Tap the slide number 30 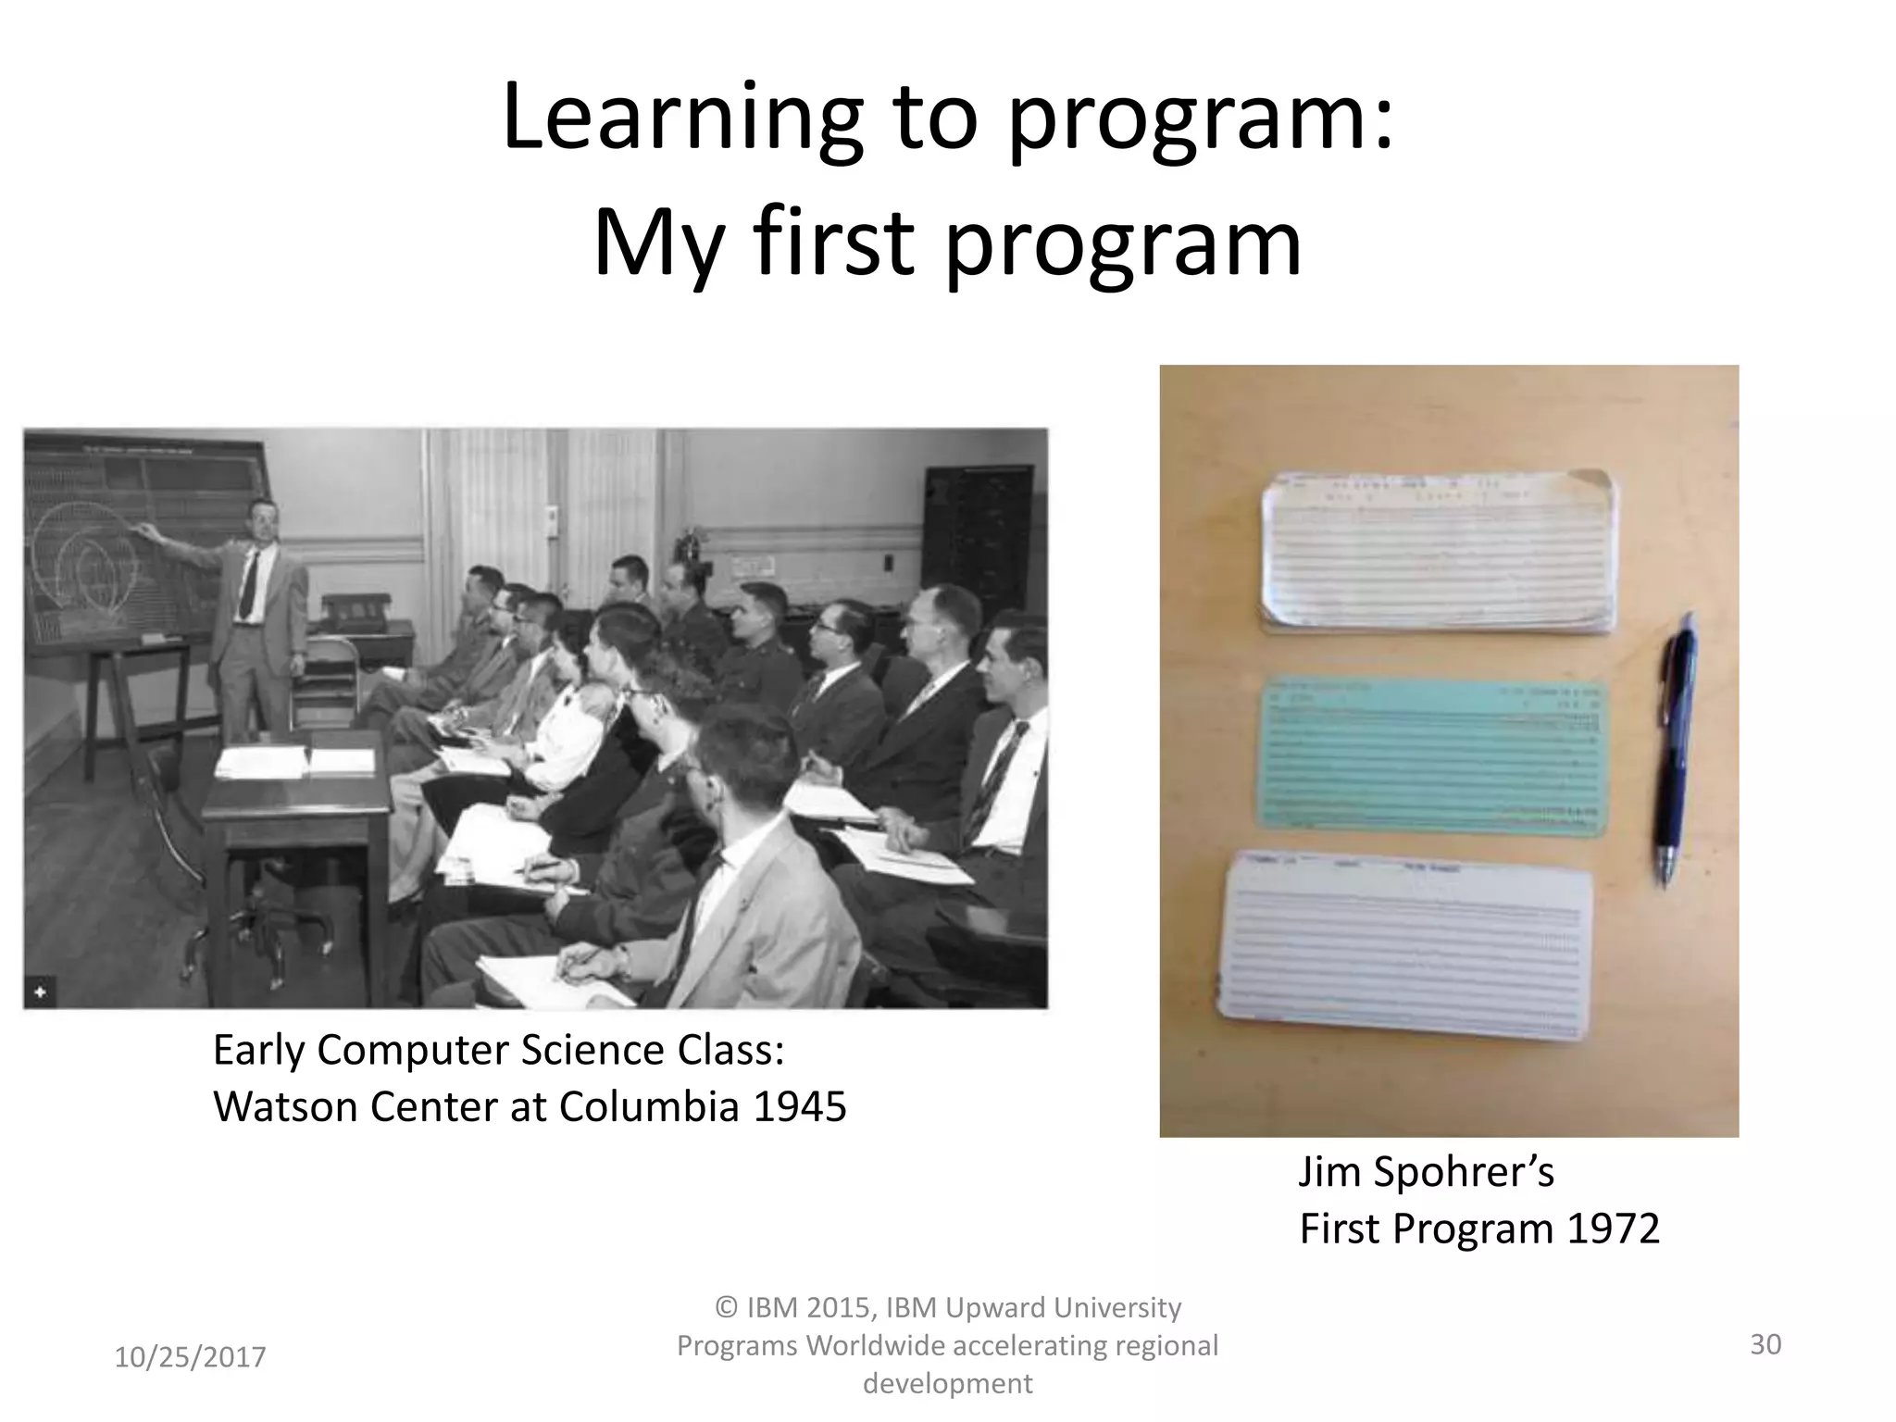pyautogui.click(x=1765, y=1344)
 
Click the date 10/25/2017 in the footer pyautogui.click(x=190, y=1357)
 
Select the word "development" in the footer pyautogui.click(x=947, y=1383)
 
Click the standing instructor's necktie pyautogui.click(x=249, y=583)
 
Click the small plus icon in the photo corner pyautogui.click(x=41, y=992)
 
